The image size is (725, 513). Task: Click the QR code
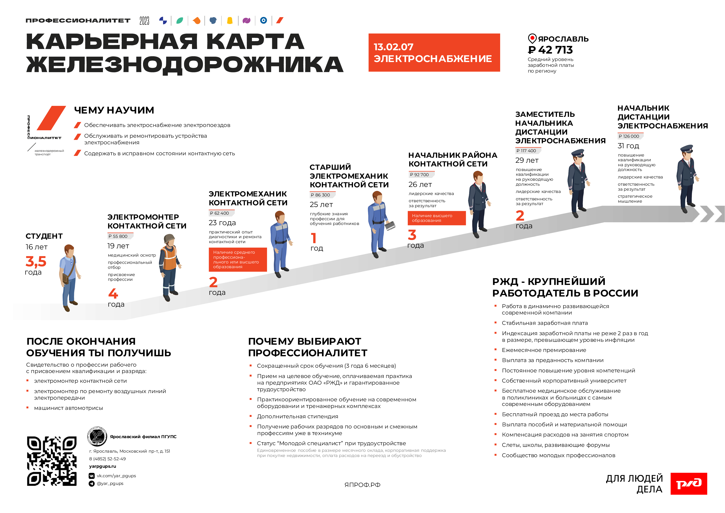point(52,461)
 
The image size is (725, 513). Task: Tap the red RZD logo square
point(688,483)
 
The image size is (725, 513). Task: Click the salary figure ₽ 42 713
point(550,50)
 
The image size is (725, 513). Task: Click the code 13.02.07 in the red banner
point(394,47)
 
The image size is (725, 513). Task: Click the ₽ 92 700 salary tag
point(420,175)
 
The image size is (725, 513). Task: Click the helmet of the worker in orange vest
point(169,238)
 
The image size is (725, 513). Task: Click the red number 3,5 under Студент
point(36,262)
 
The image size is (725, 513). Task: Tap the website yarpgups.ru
point(103,466)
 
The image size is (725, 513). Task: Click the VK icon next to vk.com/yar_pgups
point(92,476)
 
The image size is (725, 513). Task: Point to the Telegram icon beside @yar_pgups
point(92,484)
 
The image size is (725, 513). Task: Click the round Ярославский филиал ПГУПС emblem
point(97,436)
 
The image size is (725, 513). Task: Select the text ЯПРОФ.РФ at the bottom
point(362,485)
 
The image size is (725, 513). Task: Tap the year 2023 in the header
point(144,21)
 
